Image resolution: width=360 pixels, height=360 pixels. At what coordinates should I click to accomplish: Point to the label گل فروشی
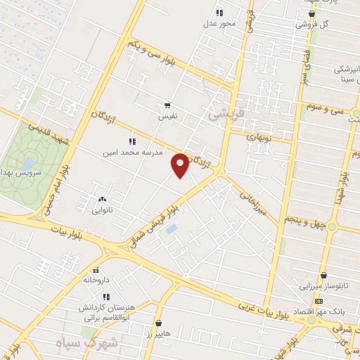pyautogui.click(x=311, y=24)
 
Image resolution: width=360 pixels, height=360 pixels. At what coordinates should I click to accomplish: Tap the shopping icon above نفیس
pyautogui.click(x=167, y=105)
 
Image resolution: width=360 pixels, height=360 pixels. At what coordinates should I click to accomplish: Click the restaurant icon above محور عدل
pyautogui.click(x=219, y=13)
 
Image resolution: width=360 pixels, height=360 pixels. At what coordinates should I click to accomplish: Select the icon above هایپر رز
pyautogui.click(x=158, y=323)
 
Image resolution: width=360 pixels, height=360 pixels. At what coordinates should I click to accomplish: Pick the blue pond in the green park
pyautogui.click(x=28, y=164)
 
